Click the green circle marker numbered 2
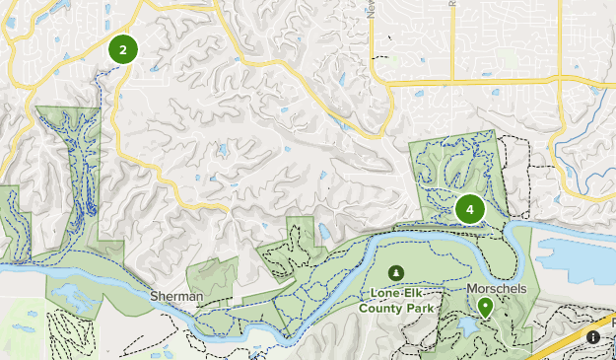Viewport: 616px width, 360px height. pyautogui.click(x=122, y=49)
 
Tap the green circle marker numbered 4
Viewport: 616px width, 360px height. pyautogui.click(x=470, y=209)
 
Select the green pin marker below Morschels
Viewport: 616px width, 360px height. pyautogui.click(x=485, y=308)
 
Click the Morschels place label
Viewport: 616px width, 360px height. pyautogui.click(x=497, y=289)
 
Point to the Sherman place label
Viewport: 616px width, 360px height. pyautogui.click(x=177, y=296)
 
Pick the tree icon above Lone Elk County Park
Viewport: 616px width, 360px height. pyautogui.click(x=396, y=272)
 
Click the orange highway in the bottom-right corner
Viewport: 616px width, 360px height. pyautogui.click(x=582, y=334)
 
